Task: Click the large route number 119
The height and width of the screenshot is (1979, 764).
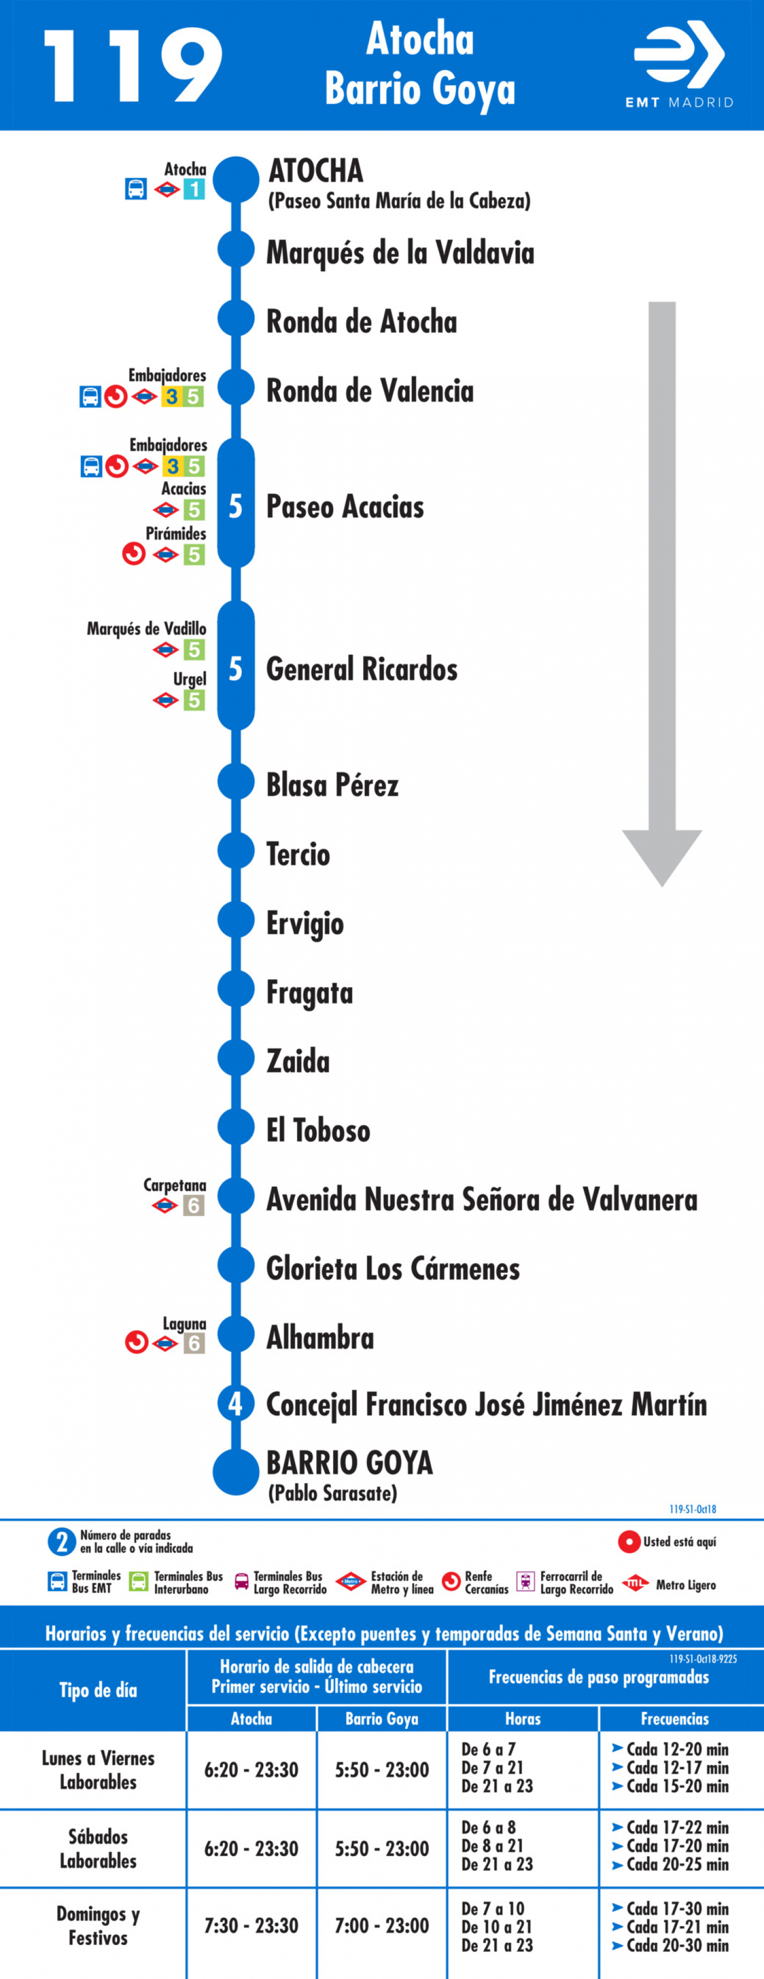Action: (133, 66)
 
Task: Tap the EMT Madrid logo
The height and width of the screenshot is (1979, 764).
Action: (679, 64)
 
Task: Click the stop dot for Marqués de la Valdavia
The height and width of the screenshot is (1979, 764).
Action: (236, 249)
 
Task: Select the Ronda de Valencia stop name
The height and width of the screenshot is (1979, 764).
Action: (370, 391)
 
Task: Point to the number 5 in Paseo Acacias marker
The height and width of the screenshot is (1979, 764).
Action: (235, 506)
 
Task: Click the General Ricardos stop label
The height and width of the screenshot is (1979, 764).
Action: (361, 669)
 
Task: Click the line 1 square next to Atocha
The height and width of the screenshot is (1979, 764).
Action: (194, 189)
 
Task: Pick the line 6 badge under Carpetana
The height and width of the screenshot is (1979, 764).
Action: (194, 1205)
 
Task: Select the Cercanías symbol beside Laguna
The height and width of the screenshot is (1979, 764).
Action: (136, 1342)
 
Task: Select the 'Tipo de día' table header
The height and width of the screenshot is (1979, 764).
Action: (98, 1690)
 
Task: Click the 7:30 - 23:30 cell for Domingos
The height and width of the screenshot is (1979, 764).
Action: (251, 1926)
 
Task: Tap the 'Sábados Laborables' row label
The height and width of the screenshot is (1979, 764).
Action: (98, 1848)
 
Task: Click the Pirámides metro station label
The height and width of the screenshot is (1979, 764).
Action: (176, 533)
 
